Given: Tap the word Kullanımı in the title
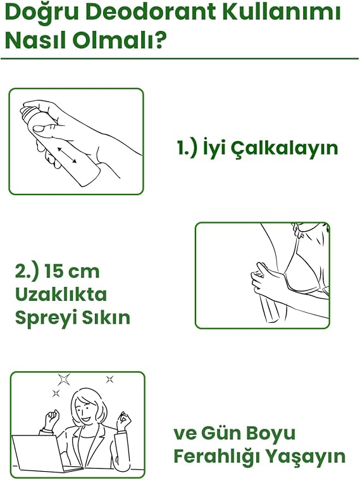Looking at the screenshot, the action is point(282,13).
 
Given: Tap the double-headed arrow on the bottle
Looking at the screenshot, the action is point(66,155).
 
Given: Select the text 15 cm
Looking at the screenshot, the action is point(71,271).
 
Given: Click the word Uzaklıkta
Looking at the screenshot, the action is point(61,294).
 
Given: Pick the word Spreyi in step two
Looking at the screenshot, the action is point(41,319).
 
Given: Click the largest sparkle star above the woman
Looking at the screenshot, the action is point(64,379).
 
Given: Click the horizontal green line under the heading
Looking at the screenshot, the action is point(180,58).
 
